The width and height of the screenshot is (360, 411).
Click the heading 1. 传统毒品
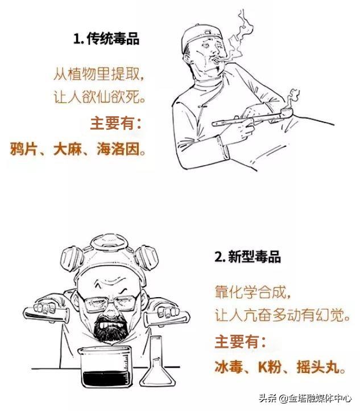(x=106, y=38)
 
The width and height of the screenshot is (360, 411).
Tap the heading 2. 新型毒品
(x=247, y=256)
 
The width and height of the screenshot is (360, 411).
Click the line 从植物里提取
(x=96, y=73)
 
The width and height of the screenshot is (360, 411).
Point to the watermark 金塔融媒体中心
(x=320, y=398)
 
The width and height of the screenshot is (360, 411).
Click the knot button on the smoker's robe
(x=202, y=105)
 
